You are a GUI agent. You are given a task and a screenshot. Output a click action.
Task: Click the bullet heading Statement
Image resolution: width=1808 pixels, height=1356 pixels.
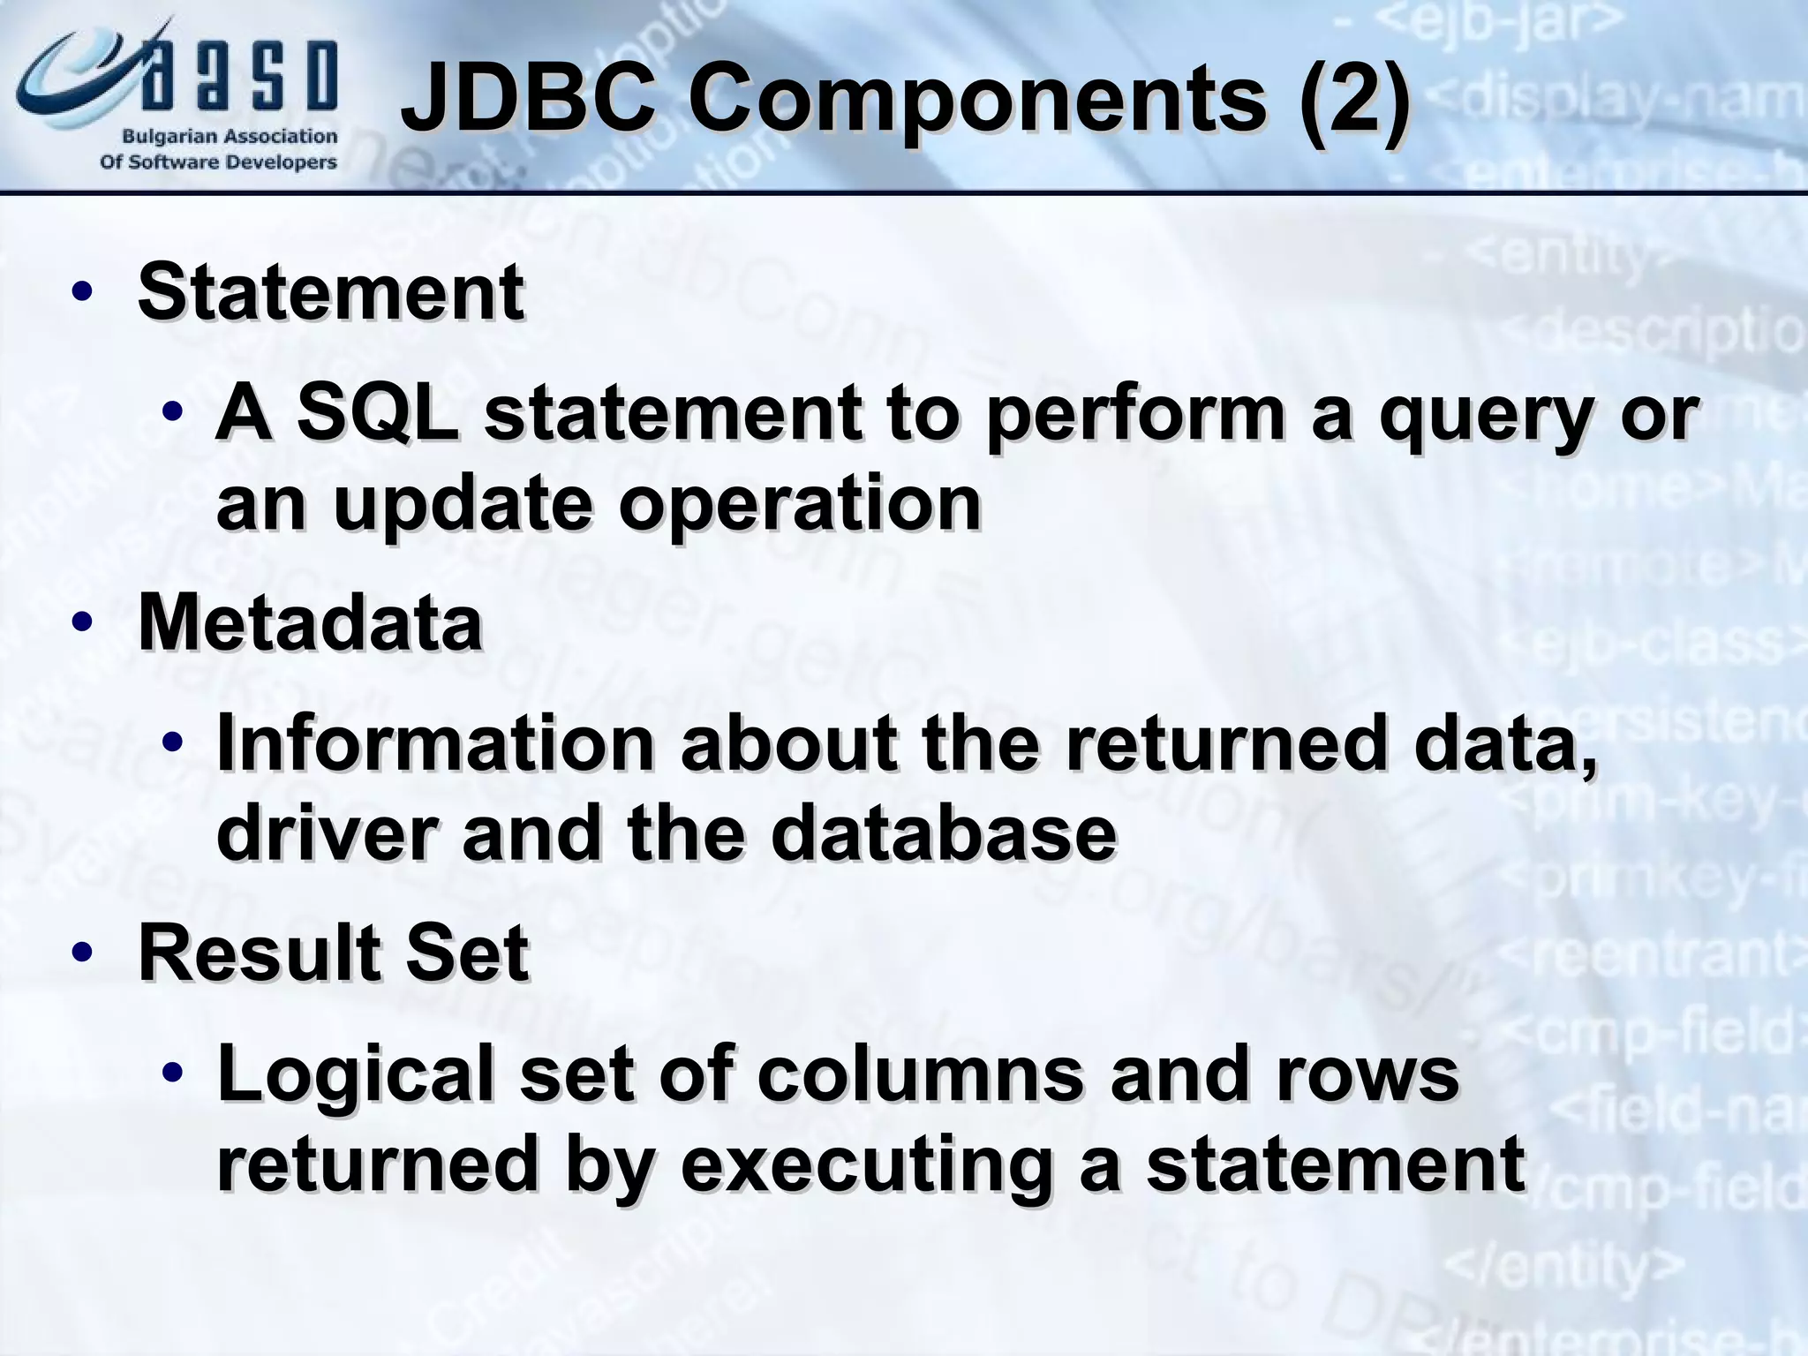tap(330, 292)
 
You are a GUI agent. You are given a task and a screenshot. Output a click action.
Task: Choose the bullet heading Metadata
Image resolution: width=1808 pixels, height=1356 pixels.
tap(310, 623)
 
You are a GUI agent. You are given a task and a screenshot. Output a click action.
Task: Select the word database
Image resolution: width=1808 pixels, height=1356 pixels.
tap(943, 833)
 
